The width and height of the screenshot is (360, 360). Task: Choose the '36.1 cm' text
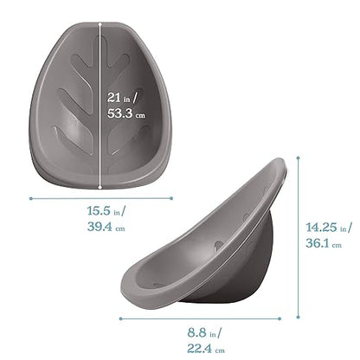325,245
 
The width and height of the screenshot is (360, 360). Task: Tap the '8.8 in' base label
205,332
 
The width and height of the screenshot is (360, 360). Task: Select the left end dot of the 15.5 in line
30,198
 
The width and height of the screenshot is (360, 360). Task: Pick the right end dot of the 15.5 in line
172,198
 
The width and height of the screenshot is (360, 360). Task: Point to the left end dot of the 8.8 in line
120,318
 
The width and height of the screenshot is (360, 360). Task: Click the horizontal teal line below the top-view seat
101,198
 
